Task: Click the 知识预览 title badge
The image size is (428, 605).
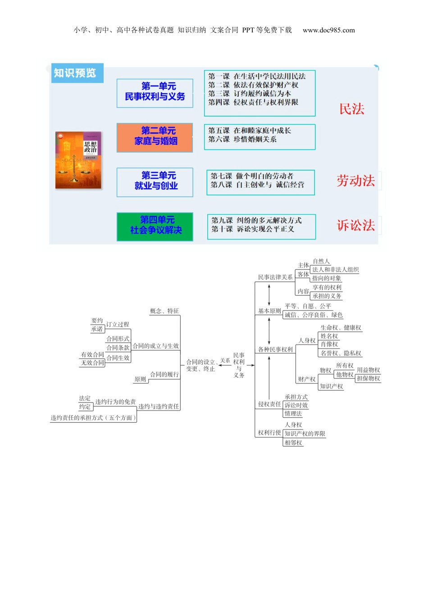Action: point(75,73)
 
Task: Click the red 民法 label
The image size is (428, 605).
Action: point(351,109)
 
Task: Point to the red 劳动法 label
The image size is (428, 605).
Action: point(355,181)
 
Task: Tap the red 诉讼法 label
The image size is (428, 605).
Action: point(355,226)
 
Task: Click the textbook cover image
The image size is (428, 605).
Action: point(78,160)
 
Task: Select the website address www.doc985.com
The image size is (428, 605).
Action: point(328,30)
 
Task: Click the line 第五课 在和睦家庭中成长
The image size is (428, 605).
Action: point(250,131)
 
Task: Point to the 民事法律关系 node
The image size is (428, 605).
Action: point(275,277)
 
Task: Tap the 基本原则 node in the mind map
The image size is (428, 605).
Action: point(269,311)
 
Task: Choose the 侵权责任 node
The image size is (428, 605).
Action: point(269,404)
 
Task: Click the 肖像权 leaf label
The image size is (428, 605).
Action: point(329,344)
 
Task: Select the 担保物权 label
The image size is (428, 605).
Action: point(368,379)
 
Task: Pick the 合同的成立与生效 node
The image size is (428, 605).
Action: point(155,346)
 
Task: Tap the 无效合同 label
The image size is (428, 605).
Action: point(92,363)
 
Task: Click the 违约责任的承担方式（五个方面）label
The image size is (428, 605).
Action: point(93,418)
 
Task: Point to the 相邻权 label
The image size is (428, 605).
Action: point(293,443)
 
